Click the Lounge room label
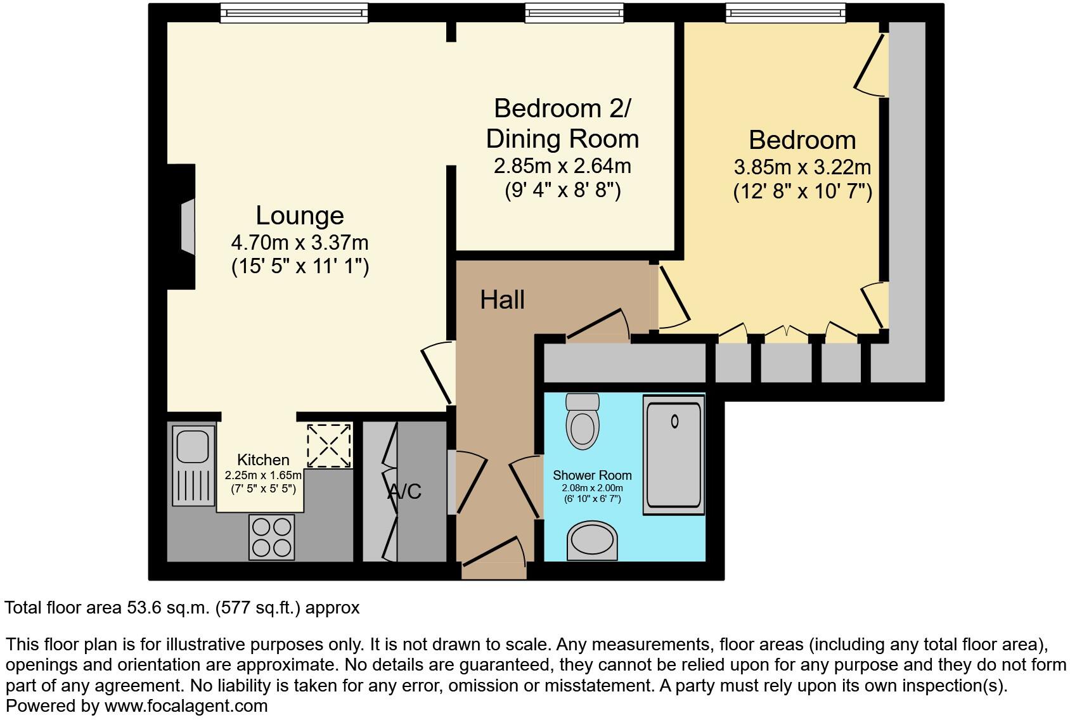(x=299, y=215)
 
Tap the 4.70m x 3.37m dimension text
(x=299, y=242)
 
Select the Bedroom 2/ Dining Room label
(x=562, y=124)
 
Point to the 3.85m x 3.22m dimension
(x=802, y=167)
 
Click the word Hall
(x=502, y=300)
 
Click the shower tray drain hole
(x=674, y=421)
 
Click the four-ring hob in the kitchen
(x=271, y=536)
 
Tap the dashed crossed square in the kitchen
(x=329, y=446)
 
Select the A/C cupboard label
(x=404, y=491)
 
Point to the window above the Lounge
(x=293, y=13)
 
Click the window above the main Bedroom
(x=785, y=13)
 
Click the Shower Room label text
(x=592, y=475)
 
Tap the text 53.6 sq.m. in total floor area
(x=166, y=608)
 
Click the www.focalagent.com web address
(x=186, y=705)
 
